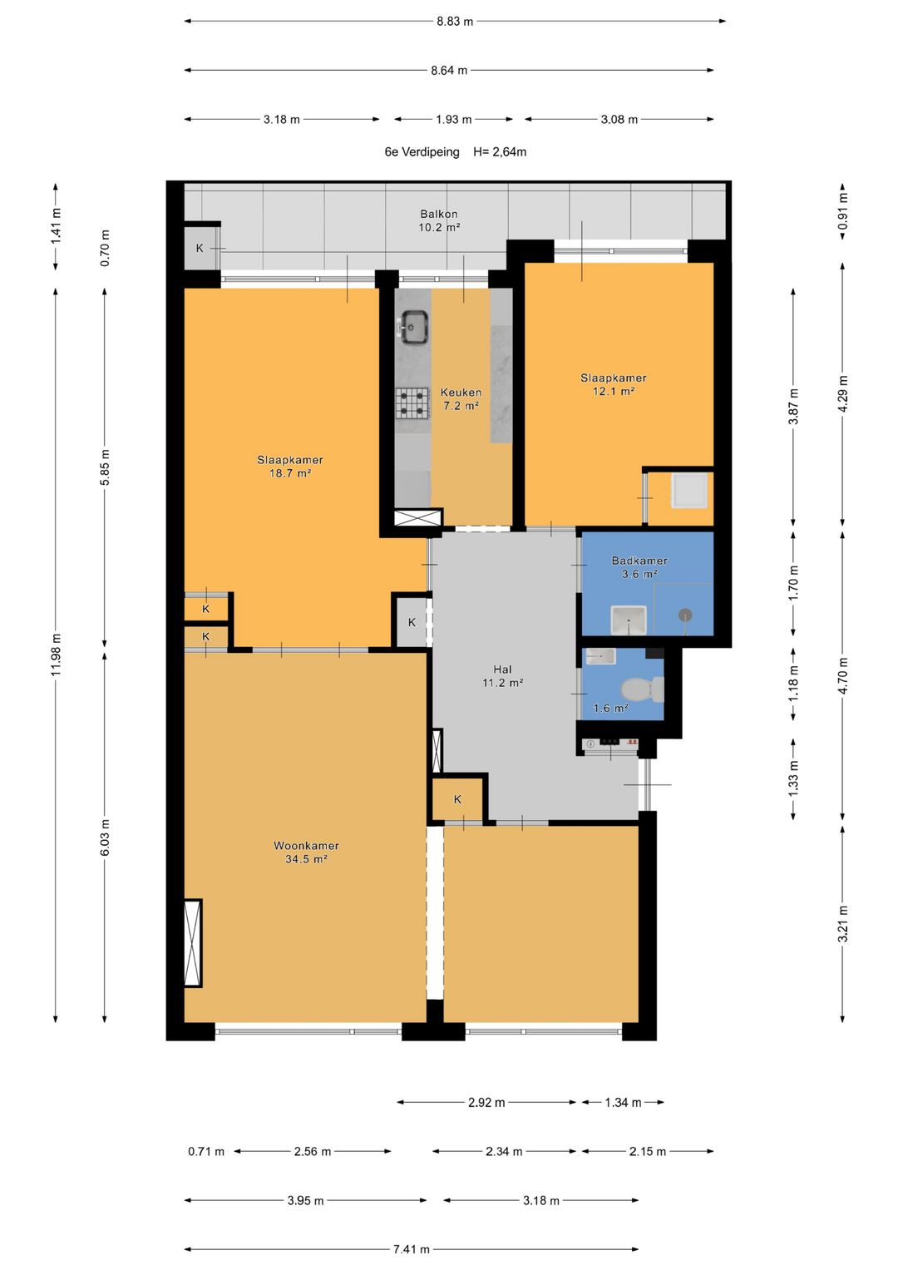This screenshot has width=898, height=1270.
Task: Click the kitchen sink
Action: [x=414, y=327]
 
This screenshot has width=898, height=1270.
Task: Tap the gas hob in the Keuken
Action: [x=412, y=403]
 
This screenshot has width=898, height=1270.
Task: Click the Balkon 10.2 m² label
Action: [x=439, y=220]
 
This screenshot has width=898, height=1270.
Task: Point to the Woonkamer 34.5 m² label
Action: [x=306, y=852]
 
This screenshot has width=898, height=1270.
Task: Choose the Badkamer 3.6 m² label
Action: [x=639, y=567]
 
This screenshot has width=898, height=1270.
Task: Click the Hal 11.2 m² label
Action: [x=502, y=676]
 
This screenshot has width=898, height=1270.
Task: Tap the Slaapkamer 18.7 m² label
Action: [x=289, y=467]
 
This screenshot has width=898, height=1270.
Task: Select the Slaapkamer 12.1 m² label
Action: [x=614, y=384]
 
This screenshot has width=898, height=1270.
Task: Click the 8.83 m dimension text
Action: [x=455, y=22]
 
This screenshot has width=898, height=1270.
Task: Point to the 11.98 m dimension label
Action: [x=56, y=655]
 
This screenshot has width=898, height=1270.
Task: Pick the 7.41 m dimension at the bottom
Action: [x=412, y=1248]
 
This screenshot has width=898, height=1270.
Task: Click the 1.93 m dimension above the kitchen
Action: [x=453, y=120]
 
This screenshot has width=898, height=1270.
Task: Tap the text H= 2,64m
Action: [x=500, y=152]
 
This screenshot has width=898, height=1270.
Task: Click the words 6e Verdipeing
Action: [x=422, y=152]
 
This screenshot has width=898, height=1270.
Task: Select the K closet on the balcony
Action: [x=200, y=248]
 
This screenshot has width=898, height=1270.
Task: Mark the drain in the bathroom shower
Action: [x=685, y=614]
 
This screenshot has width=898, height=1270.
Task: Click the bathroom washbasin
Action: [x=628, y=620]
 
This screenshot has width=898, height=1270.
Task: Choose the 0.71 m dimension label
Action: [x=206, y=1152]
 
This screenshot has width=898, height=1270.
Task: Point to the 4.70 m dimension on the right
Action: [x=843, y=675]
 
